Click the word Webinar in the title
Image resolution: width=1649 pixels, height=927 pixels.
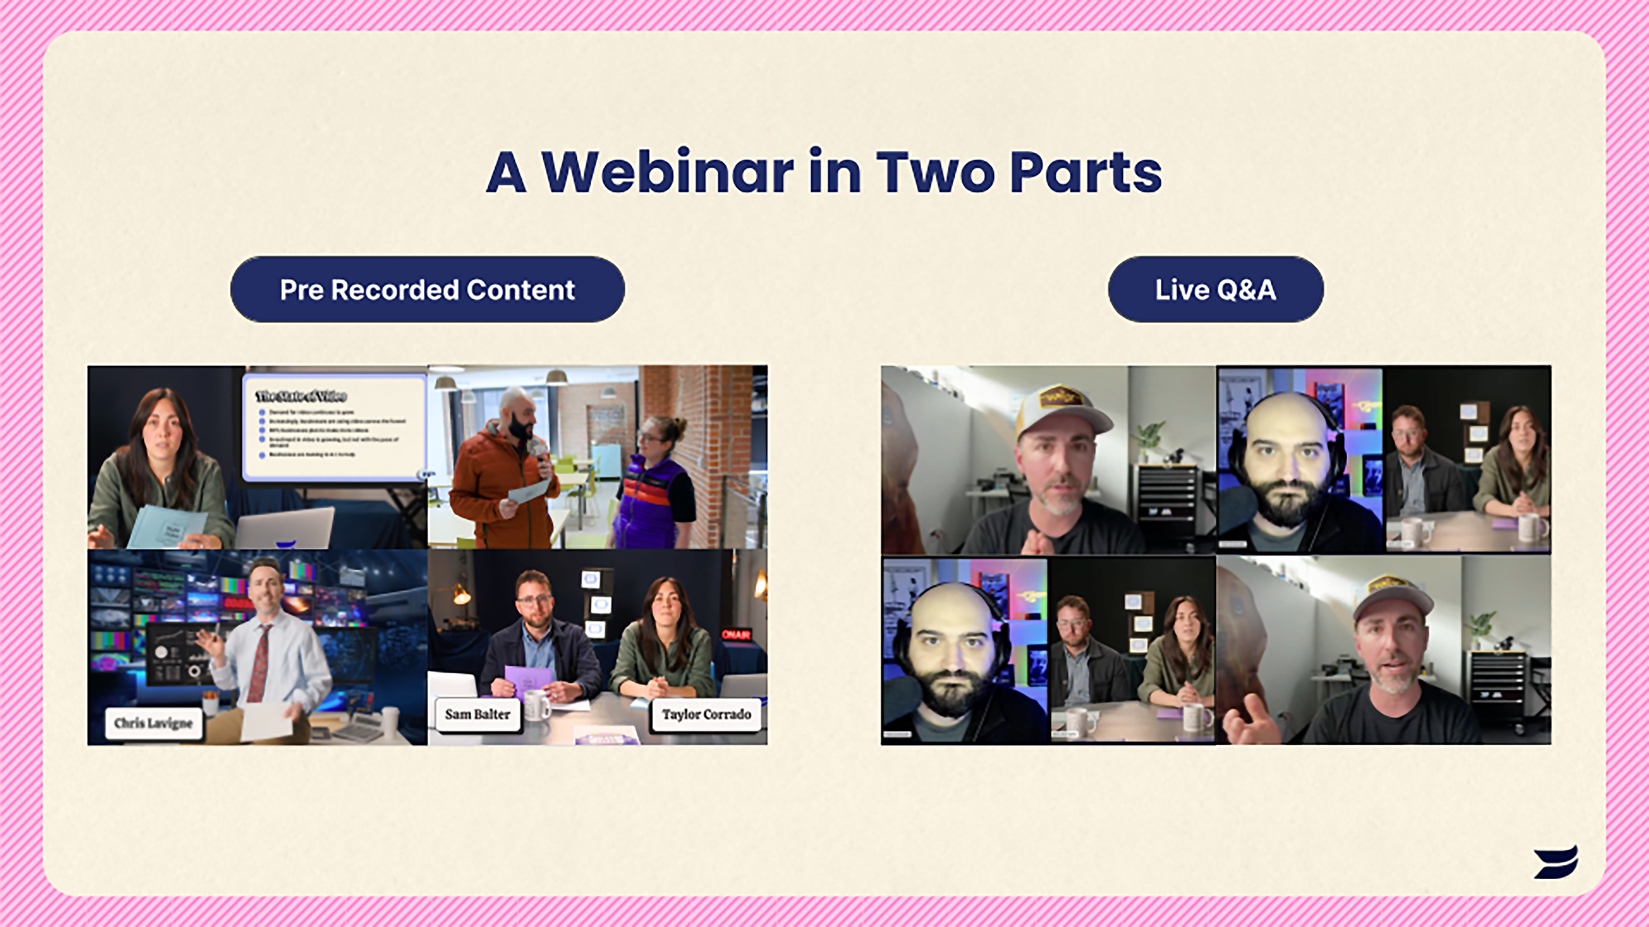667,173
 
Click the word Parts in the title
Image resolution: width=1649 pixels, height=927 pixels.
1085,173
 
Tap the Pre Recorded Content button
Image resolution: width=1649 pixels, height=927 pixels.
427,289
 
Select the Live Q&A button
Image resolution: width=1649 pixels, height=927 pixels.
1215,289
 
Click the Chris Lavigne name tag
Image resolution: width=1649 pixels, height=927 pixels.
153,723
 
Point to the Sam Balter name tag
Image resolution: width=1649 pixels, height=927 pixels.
478,714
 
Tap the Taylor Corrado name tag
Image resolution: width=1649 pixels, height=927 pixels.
706,714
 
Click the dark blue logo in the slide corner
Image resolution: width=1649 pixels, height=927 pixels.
1555,862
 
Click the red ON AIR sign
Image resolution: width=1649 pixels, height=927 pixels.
735,634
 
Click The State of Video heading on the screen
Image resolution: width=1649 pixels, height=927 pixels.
301,396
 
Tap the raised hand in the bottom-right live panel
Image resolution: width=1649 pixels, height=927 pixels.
1248,721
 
